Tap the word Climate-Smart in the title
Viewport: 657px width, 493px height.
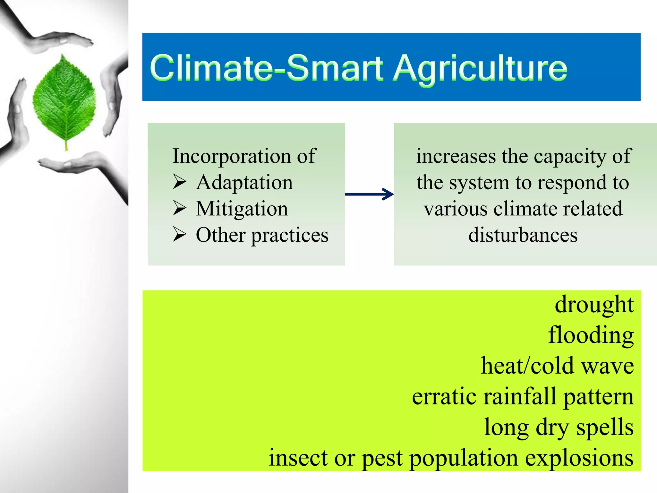coord(266,68)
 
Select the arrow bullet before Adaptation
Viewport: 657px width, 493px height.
coord(179,182)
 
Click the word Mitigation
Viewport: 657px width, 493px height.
coord(242,209)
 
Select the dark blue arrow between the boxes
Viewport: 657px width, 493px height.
coord(369,194)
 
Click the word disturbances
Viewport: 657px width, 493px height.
coord(523,235)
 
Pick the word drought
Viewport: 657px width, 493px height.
coord(594,304)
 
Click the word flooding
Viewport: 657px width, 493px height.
coord(591,335)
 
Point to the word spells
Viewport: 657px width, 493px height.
coord(605,428)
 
